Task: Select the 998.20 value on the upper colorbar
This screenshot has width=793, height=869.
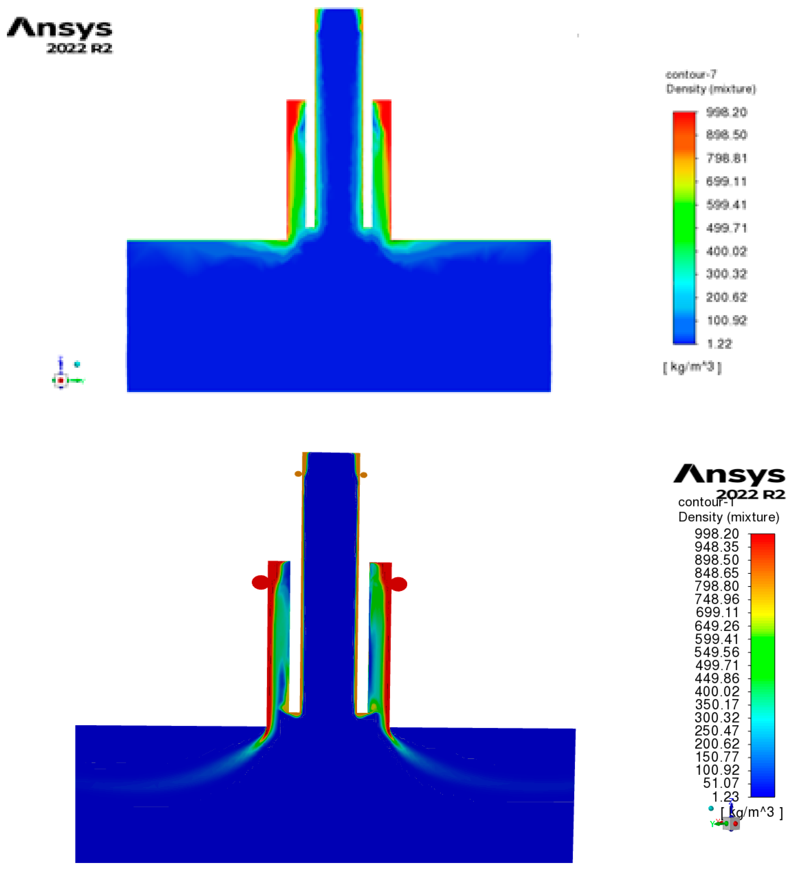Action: point(726,113)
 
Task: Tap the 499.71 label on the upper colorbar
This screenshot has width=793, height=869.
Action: point(726,228)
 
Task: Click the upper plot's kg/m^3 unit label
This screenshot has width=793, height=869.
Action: point(692,367)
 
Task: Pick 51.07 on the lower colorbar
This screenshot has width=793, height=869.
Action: point(721,783)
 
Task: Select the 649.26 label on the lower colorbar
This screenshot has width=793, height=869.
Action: point(717,626)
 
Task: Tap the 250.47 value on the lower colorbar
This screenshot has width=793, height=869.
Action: point(717,731)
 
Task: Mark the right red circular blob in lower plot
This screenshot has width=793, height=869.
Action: point(399,584)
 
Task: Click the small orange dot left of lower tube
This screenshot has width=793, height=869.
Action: point(298,474)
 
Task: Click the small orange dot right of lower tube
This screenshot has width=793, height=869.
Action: point(364,475)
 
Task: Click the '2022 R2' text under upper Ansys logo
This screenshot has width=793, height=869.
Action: point(79,48)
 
